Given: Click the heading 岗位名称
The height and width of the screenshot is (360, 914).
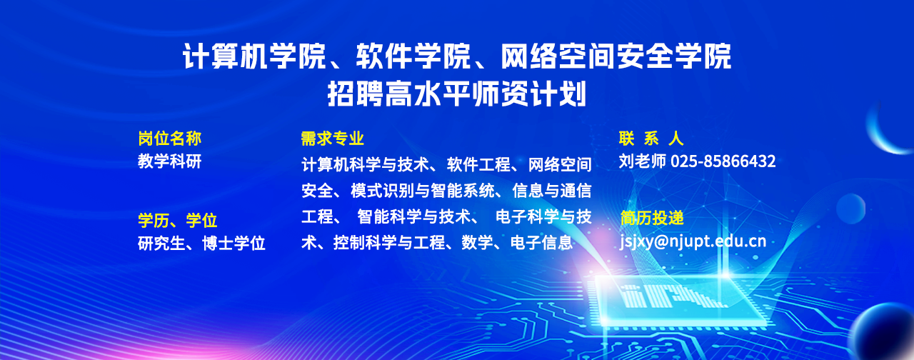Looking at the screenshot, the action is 170,139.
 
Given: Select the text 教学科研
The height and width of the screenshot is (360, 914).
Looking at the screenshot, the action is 170,161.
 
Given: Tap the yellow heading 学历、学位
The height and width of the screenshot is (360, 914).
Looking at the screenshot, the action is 178,221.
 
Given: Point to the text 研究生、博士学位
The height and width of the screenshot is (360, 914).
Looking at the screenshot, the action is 201,244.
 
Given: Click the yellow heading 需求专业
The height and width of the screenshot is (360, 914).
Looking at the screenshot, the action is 332,139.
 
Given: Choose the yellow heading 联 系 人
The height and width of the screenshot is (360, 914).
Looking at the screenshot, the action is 651,139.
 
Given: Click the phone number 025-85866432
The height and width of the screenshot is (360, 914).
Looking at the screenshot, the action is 723,161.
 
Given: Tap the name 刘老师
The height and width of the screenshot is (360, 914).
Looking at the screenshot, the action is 643,161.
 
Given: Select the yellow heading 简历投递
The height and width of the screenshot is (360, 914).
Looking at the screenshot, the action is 652,218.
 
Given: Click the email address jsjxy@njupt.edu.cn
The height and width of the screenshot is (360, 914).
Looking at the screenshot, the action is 693,241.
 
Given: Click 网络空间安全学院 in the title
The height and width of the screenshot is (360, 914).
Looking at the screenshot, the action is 616,56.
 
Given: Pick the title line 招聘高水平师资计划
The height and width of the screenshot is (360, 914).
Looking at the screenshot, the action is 457,94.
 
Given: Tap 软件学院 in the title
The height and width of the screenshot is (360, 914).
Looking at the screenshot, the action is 413,56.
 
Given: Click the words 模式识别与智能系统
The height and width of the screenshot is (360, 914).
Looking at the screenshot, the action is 423,191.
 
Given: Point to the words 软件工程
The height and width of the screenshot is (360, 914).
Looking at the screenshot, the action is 478,164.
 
